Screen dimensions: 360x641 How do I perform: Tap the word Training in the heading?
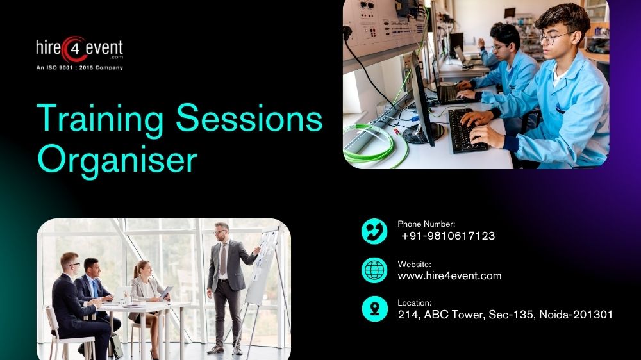point(99,119)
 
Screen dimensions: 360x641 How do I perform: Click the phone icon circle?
point(374,231)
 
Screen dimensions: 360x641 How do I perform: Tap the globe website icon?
point(374,270)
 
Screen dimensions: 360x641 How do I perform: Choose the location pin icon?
point(374,308)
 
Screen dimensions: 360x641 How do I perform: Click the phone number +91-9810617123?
point(448,236)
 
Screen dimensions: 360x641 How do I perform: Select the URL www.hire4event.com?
point(449,275)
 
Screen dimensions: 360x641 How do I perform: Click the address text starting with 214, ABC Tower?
point(505,314)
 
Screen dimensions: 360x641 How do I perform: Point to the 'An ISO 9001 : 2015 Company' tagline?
point(79,67)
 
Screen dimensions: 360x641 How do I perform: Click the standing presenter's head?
point(221,231)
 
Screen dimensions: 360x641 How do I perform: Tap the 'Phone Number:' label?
point(426,224)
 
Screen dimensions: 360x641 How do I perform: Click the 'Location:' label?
point(415,302)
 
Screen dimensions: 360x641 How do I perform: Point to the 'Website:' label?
point(414,264)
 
